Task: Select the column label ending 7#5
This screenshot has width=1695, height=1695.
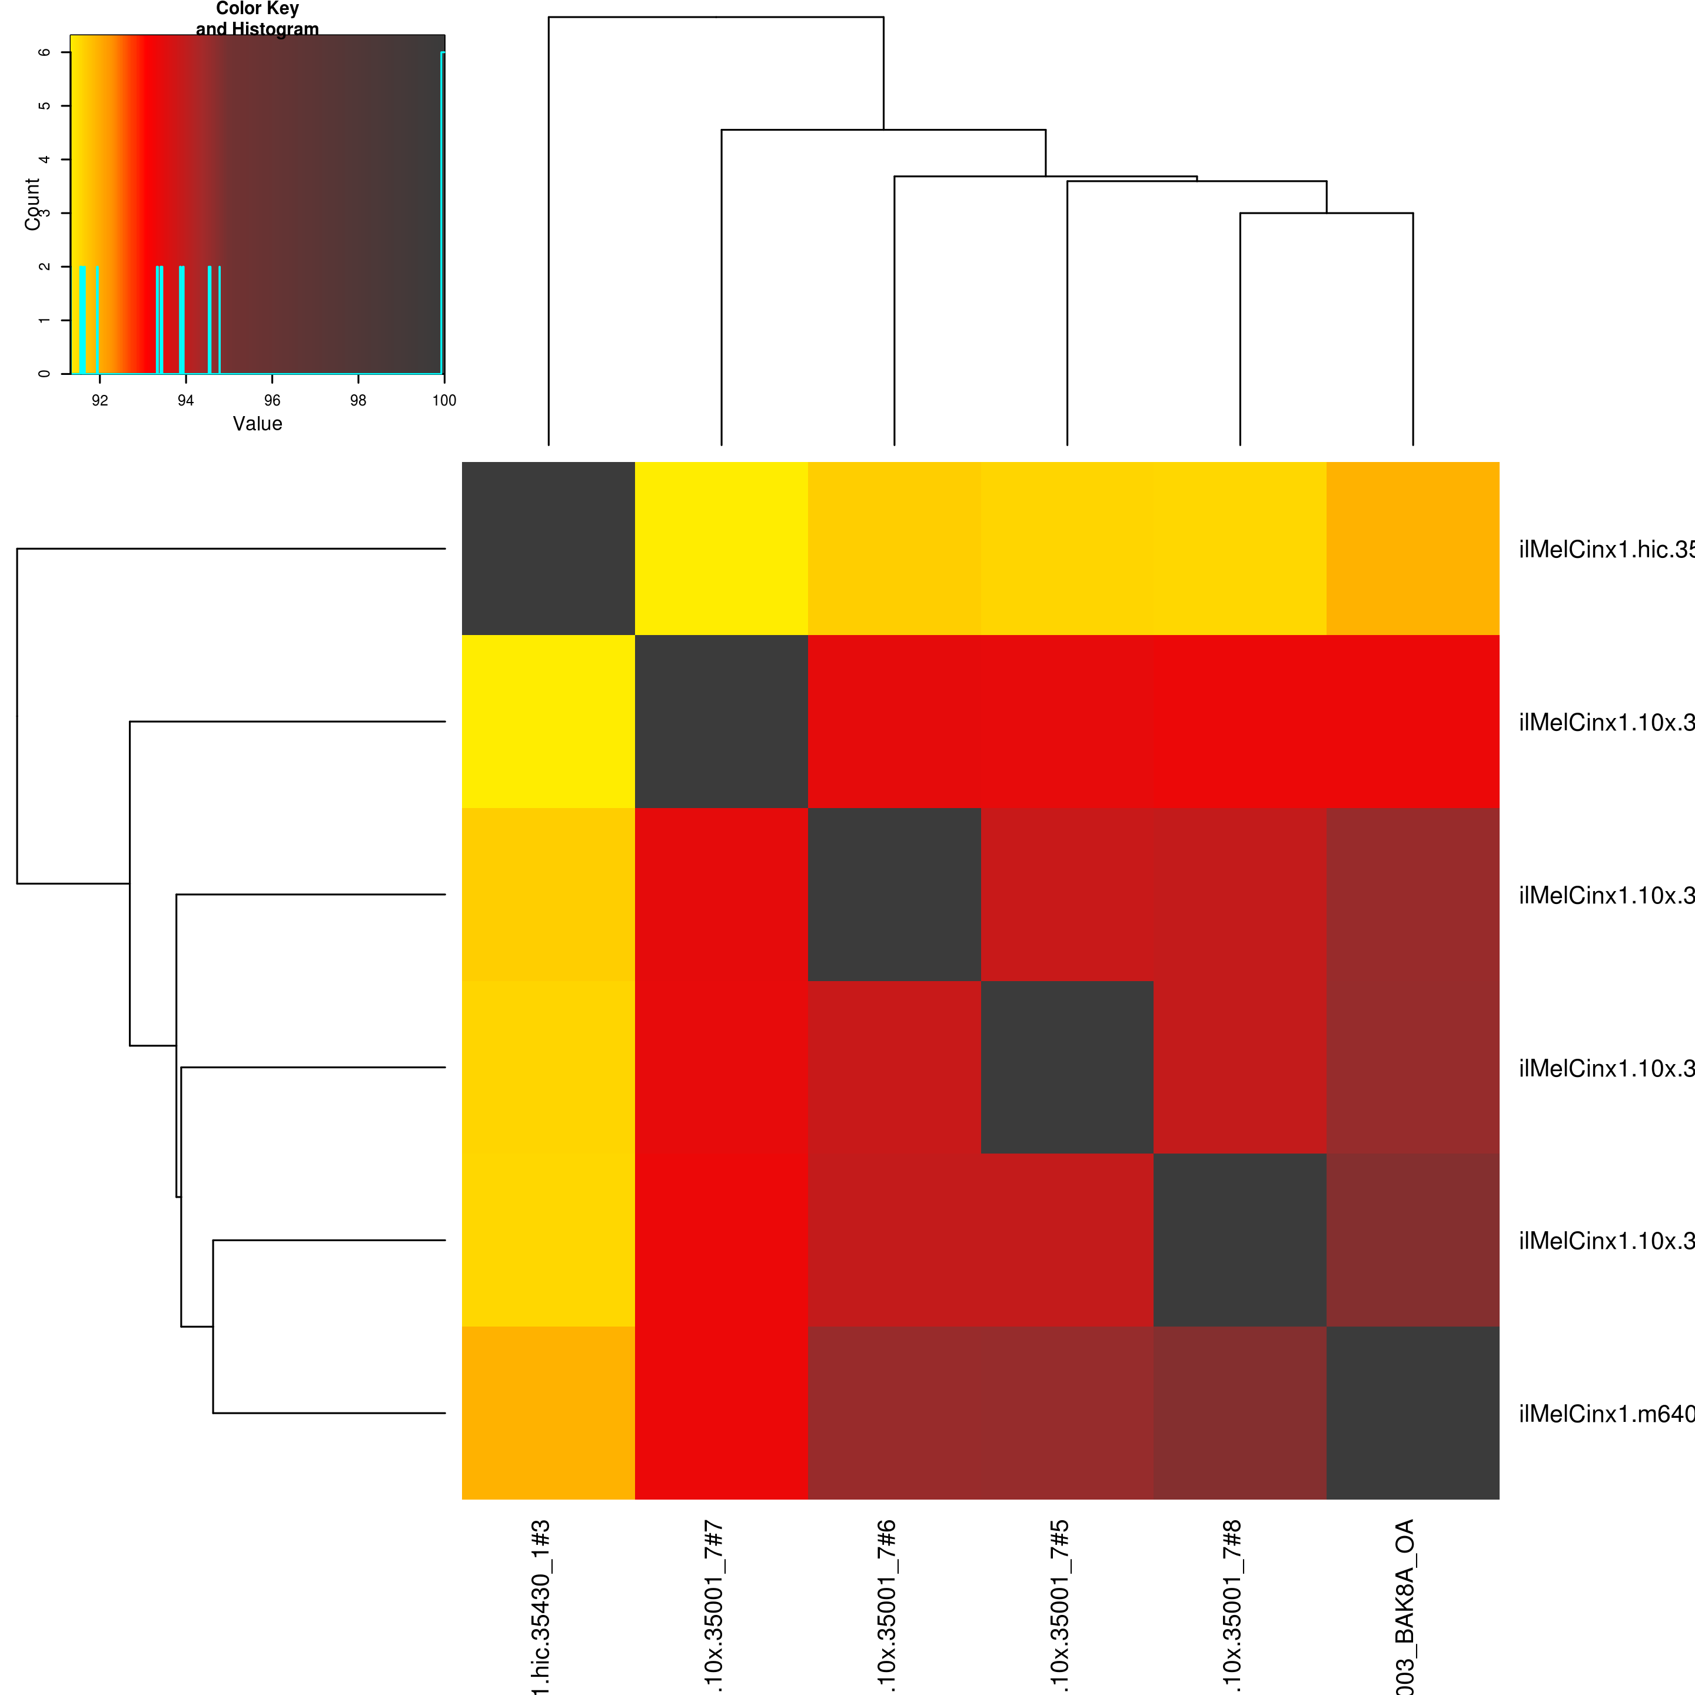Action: (1060, 1606)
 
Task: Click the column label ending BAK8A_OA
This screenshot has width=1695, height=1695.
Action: (1405, 1606)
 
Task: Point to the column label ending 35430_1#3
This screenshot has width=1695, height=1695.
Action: (541, 1606)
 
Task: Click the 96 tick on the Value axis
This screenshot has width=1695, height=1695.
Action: (272, 401)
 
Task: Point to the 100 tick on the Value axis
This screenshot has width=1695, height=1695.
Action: (444, 401)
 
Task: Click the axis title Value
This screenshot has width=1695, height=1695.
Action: (257, 424)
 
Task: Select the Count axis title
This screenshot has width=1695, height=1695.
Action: (32, 204)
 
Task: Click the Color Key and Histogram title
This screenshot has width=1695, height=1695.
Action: (257, 18)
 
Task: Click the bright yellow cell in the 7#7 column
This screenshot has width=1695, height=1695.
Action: (721, 549)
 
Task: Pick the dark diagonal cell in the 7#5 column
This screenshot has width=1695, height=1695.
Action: (1067, 1067)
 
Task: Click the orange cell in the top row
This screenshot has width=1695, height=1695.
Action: (1412, 549)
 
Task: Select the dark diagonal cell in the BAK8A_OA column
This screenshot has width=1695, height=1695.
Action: (1412, 1412)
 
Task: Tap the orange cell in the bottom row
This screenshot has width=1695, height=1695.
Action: (549, 1412)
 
